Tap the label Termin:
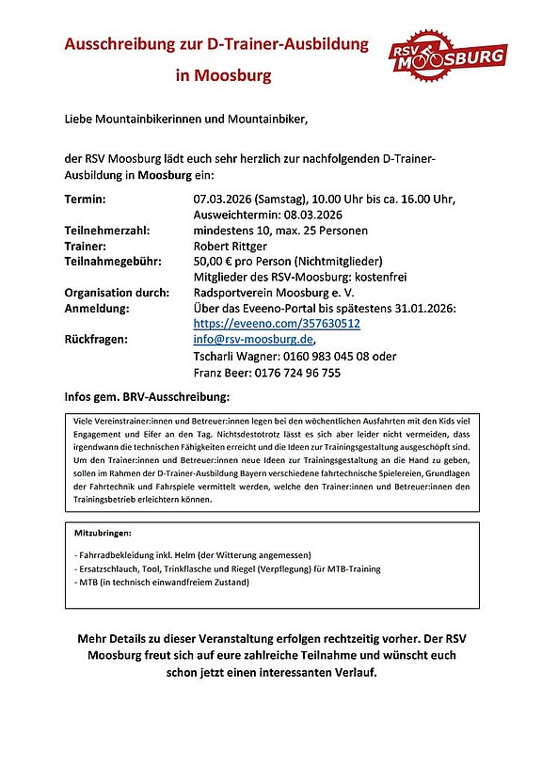[x=85, y=200]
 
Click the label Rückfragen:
[x=96, y=340]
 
